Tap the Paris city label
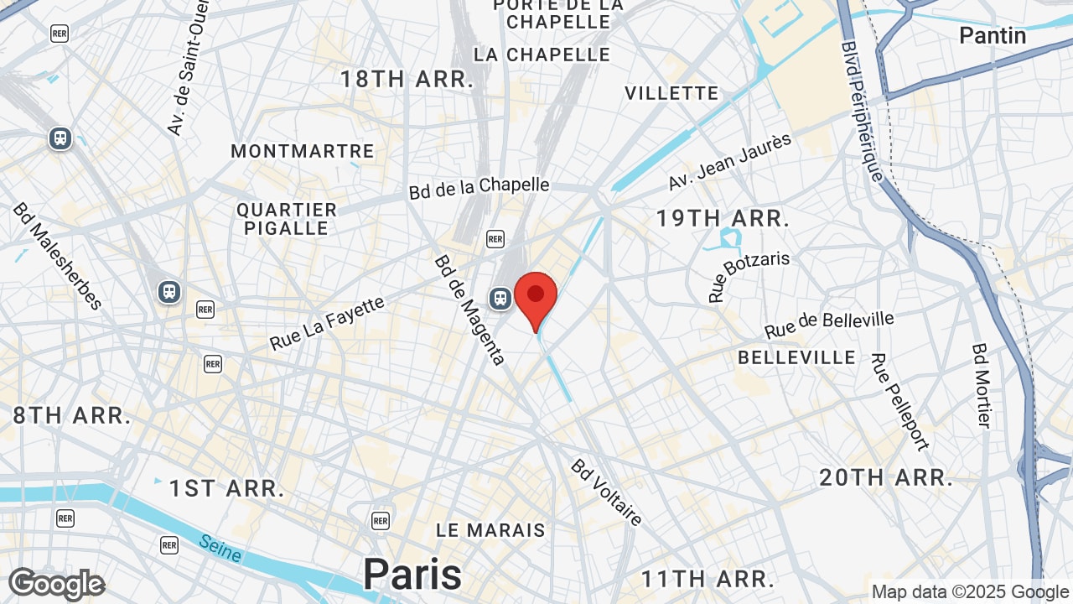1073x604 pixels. pyautogui.click(x=412, y=575)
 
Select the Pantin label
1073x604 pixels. pyautogui.click(x=993, y=35)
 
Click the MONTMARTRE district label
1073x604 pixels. pyautogui.click(x=303, y=151)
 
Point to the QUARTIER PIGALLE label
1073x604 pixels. pyautogui.click(x=287, y=218)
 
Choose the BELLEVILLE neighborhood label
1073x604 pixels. pyautogui.click(x=797, y=357)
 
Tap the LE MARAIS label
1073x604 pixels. pyautogui.click(x=490, y=530)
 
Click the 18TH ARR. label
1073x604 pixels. pyautogui.click(x=407, y=80)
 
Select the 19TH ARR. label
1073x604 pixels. pyautogui.click(x=723, y=218)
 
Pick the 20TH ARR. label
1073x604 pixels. pyautogui.click(x=886, y=478)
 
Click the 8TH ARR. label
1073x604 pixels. pyautogui.click(x=72, y=415)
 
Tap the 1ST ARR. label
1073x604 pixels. pyautogui.click(x=227, y=488)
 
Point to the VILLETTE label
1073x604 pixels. pyautogui.click(x=671, y=93)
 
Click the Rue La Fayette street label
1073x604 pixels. pyautogui.click(x=327, y=324)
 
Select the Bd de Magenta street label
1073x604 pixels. pyautogui.click(x=469, y=310)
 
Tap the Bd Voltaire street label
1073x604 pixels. pyautogui.click(x=607, y=492)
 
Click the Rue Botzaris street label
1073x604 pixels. pyautogui.click(x=749, y=276)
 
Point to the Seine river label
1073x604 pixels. pyautogui.click(x=220, y=549)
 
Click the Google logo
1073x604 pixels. pyautogui.click(x=56, y=585)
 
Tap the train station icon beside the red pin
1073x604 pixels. pyautogui.click(x=500, y=298)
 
